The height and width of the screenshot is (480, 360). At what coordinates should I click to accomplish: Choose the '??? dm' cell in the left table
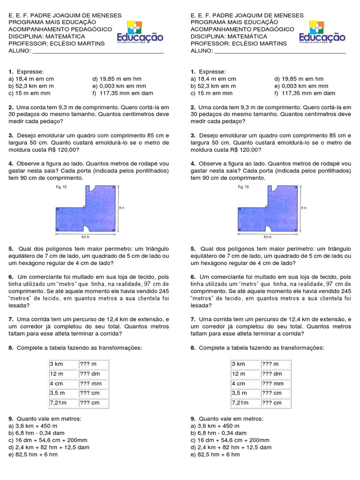[x=93, y=374]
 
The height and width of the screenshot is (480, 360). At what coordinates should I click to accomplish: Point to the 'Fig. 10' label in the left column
[x=60, y=187]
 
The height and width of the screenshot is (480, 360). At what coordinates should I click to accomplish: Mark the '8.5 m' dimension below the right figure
[x=267, y=237]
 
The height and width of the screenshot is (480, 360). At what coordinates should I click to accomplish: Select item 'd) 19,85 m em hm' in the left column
[x=117, y=79]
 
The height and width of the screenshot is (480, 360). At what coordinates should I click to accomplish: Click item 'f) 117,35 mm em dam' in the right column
[x=305, y=93]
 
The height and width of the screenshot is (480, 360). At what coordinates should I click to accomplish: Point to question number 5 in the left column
[x=10, y=248]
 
